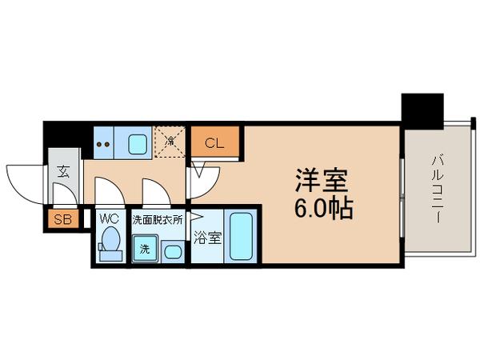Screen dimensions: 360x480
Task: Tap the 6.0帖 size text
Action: click(x=320, y=210)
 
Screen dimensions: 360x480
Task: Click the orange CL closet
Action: click(x=214, y=143)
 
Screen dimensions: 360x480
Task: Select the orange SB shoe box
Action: click(x=60, y=219)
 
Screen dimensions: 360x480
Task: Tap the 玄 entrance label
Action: click(x=63, y=170)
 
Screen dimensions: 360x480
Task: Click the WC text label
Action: click(x=109, y=217)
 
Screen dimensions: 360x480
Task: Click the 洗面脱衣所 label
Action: click(x=157, y=217)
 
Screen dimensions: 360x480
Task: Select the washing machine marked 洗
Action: click(x=145, y=249)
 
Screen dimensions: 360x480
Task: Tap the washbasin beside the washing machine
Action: click(x=171, y=251)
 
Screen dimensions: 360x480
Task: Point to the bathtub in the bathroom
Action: click(x=240, y=235)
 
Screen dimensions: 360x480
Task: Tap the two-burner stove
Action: click(x=103, y=145)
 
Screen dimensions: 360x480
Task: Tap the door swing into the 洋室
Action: click(x=199, y=178)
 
